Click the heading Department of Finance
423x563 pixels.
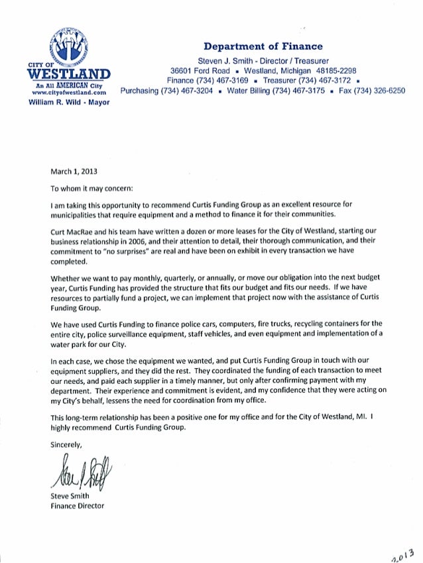(263, 46)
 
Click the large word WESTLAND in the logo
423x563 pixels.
(64, 74)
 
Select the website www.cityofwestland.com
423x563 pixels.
(64, 94)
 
